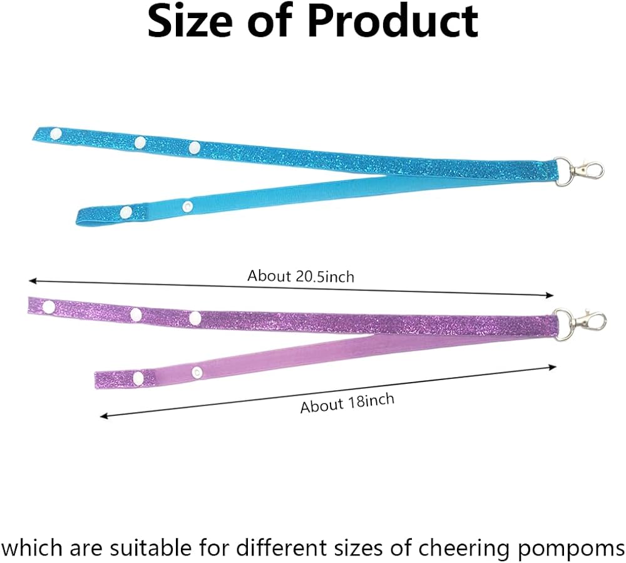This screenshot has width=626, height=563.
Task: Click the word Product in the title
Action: coord(393,21)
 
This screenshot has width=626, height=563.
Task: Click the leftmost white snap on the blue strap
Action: coord(56,133)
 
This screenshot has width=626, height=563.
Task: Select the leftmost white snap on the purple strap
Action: coord(49,307)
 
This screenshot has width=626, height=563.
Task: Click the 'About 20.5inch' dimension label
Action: coord(300,276)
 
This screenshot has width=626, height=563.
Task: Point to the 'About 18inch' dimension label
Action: coord(347,403)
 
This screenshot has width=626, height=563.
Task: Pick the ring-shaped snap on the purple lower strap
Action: coord(197,373)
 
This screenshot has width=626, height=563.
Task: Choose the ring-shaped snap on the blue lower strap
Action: coord(187,207)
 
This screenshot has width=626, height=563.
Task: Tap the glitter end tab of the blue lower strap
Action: coord(111,215)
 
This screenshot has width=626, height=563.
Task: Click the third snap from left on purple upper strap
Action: coord(195,318)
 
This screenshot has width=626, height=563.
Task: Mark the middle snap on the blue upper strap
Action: coord(140,142)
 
